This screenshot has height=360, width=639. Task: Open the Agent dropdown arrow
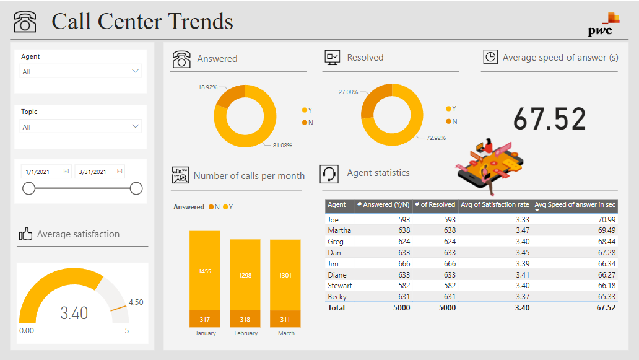136,71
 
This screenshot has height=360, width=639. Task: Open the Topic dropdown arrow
136,126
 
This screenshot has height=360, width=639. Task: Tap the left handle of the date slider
28,188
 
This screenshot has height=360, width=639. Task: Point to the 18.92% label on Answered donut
207,87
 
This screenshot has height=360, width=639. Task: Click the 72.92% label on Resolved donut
436,138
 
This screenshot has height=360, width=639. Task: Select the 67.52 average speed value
550,119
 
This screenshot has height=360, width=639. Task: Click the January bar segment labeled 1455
205,271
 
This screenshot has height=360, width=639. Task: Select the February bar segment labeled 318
245,320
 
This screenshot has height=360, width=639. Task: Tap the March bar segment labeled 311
285,320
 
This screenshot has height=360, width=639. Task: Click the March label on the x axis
286,333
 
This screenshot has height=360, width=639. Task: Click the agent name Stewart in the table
340,286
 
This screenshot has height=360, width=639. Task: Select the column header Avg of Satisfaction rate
495,204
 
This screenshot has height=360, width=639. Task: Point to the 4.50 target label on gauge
136,302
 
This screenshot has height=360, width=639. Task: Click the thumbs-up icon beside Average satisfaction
25,234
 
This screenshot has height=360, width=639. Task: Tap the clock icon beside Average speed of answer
490,57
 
